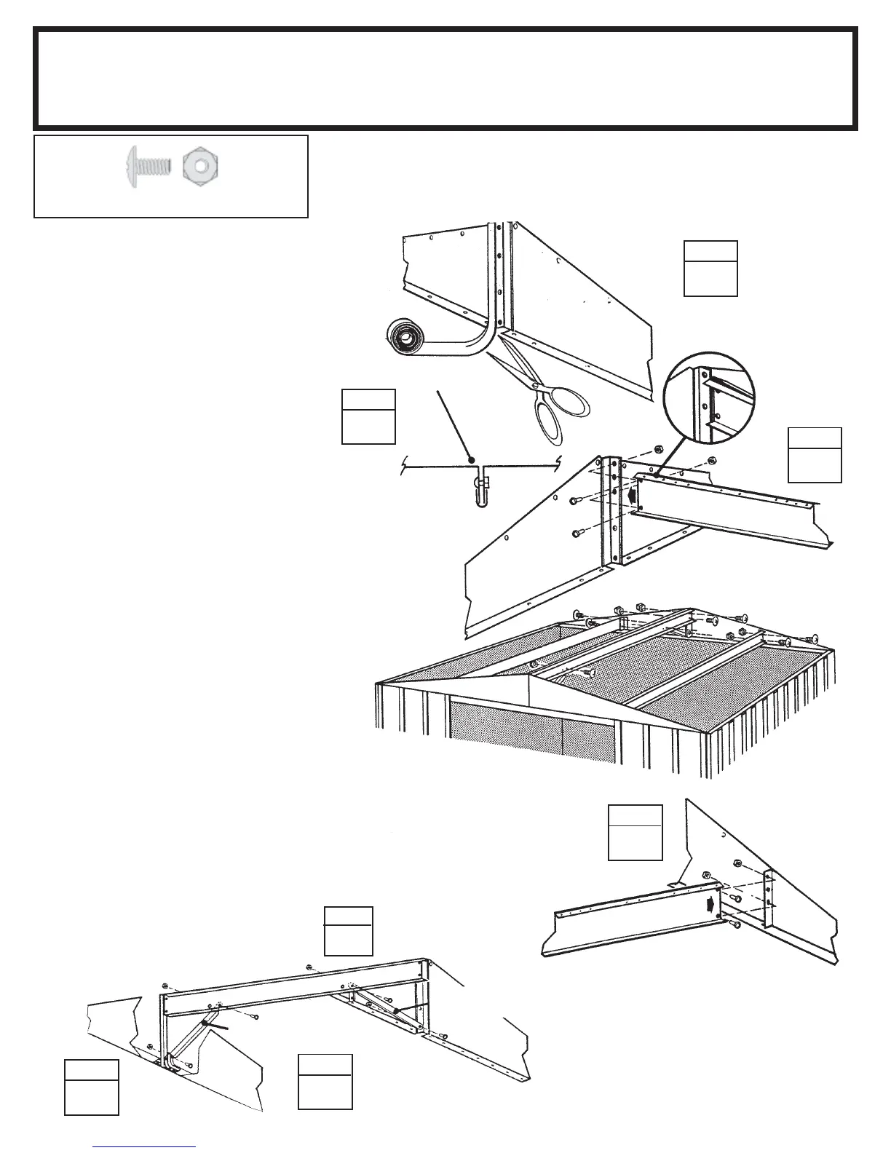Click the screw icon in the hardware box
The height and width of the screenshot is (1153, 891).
(x=148, y=166)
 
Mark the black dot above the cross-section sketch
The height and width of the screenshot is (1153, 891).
(x=472, y=459)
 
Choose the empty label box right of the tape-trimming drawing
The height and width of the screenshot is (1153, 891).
(x=710, y=269)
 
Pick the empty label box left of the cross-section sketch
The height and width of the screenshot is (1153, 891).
(x=368, y=417)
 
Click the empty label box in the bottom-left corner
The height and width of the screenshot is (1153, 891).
(x=92, y=1087)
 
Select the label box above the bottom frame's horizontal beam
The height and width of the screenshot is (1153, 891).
(x=348, y=931)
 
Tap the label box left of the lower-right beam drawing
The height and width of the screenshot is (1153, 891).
(x=635, y=832)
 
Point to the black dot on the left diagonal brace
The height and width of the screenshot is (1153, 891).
(x=206, y=1023)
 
